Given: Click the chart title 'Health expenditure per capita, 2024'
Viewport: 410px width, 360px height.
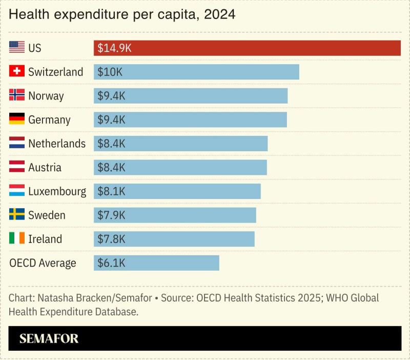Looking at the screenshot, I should pyautogui.click(x=122, y=15).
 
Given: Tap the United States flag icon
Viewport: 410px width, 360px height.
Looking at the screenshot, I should pyautogui.click(x=17, y=48).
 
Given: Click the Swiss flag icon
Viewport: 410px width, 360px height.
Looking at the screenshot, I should pyautogui.click(x=17, y=71).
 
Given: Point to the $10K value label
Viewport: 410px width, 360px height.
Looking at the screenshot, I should pyautogui.click(x=110, y=72).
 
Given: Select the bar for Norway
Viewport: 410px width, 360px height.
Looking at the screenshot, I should pyautogui.click(x=191, y=95).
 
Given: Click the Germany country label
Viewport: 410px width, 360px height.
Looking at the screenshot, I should pyautogui.click(x=49, y=119).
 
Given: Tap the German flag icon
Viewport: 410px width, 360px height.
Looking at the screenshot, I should pyautogui.click(x=17, y=119).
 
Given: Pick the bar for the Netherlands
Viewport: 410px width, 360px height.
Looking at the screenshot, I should pyautogui.click(x=180, y=143).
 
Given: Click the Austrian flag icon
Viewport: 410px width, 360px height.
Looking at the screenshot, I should pyautogui.click(x=17, y=167).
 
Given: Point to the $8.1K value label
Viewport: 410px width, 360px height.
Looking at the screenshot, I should pyautogui.click(x=111, y=191).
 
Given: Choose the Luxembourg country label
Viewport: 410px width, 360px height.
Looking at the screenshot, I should pyautogui.click(x=57, y=191).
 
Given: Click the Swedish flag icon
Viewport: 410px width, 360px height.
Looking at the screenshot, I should pyautogui.click(x=17, y=214).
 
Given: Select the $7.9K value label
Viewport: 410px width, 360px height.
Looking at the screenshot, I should pyautogui.click(x=111, y=215).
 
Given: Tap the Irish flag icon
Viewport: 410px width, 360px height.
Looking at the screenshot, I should pyautogui.click(x=17, y=238).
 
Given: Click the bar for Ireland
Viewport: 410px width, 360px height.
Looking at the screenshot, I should pyautogui.click(x=174, y=238).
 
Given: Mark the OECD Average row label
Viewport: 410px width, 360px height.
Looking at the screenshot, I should pyautogui.click(x=43, y=263).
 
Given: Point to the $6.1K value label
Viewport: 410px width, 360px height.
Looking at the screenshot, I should pyautogui.click(x=111, y=263).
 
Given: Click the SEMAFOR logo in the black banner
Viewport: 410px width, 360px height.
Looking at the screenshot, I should pyautogui.click(x=49, y=338).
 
